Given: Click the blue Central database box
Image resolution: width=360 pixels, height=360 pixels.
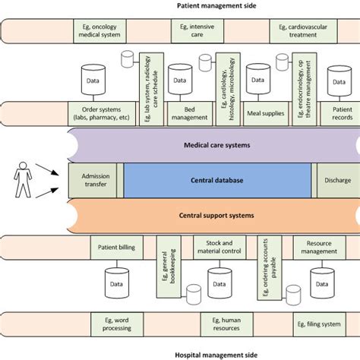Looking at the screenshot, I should click(x=216, y=180).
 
